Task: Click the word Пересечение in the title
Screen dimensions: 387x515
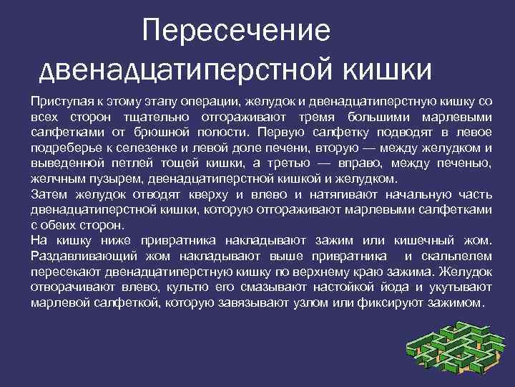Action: pos(236,31)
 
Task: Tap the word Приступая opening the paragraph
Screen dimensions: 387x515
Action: pos(62,101)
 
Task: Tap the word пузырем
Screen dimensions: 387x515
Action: pos(100,178)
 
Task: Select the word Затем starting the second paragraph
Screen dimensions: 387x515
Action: pos(48,194)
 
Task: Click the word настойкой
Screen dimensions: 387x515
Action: pos(350,287)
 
